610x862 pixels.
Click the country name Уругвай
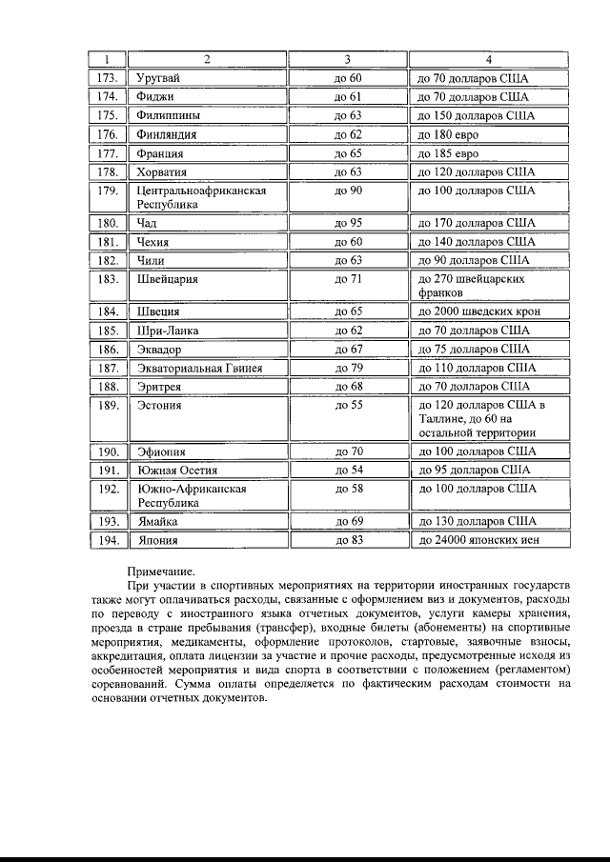coord(158,78)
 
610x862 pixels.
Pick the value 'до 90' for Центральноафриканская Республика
coord(348,190)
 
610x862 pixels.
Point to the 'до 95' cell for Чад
coord(348,223)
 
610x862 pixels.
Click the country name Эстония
coord(160,405)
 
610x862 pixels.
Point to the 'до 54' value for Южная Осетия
coord(348,470)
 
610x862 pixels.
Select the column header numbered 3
coord(348,60)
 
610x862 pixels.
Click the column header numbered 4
coord(488,60)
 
